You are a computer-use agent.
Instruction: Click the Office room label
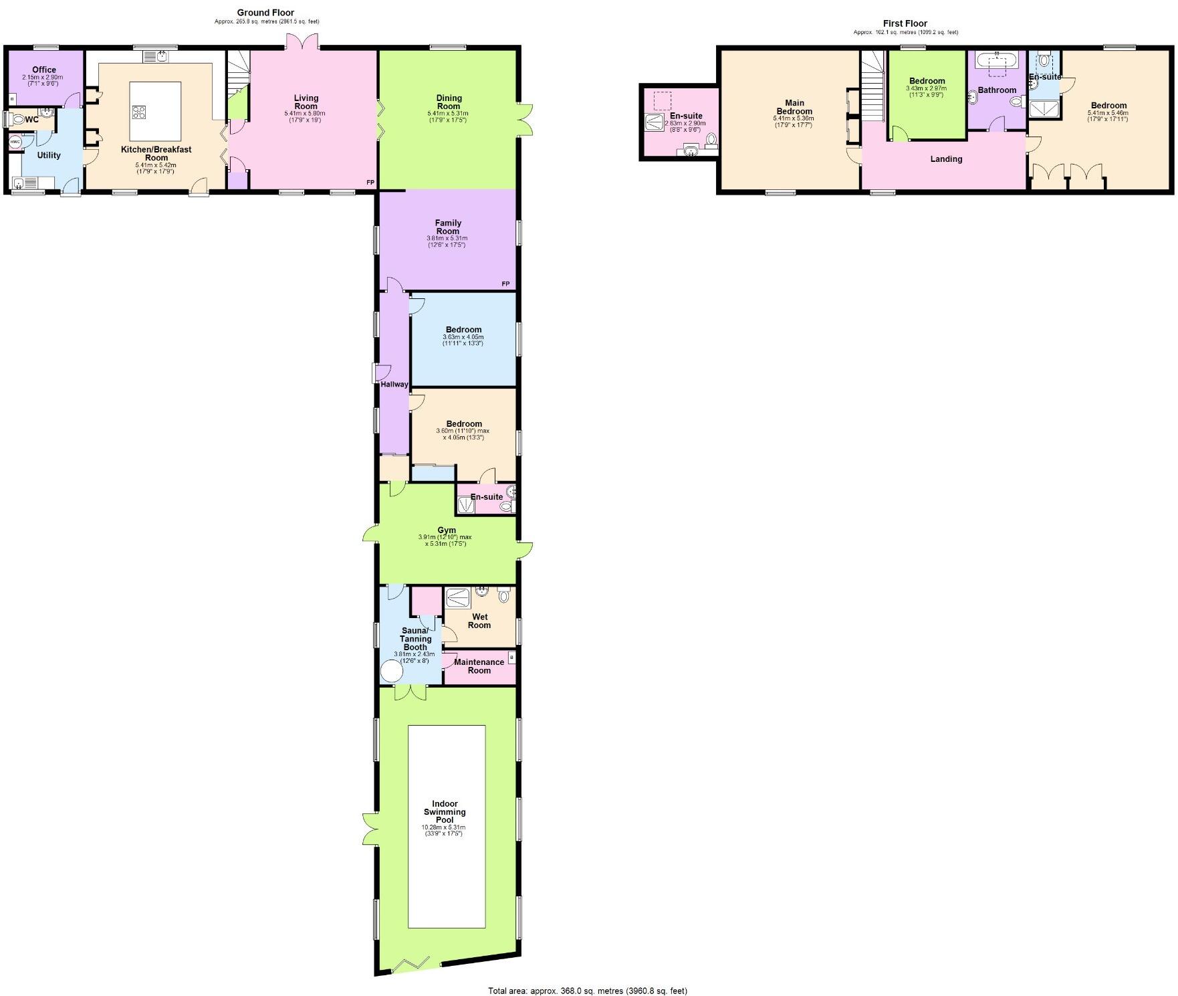(44, 70)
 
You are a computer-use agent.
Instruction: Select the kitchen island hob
(139, 112)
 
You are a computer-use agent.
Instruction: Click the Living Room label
(306, 102)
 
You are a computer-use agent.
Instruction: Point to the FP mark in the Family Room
(505, 284)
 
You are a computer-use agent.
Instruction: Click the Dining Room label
(449, 102)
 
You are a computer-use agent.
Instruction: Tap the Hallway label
(394, 385)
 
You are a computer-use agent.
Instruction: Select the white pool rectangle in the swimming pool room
(447, 826)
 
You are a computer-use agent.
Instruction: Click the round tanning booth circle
(391, 670)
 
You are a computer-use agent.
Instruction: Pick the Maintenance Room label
(479, 666)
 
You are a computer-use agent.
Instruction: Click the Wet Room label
(479, 621)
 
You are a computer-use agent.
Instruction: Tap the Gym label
(446, 530)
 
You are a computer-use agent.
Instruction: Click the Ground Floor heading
(265, 13)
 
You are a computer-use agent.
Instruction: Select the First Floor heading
(905, 23)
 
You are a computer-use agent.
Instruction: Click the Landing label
(946, 159)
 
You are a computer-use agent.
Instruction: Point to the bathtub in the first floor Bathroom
(997, 62)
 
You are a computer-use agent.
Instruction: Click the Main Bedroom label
(794, 107)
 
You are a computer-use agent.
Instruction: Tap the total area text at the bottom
(588, 991)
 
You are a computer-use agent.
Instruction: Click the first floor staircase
(872, 87)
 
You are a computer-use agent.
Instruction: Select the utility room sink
(20, 183)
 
